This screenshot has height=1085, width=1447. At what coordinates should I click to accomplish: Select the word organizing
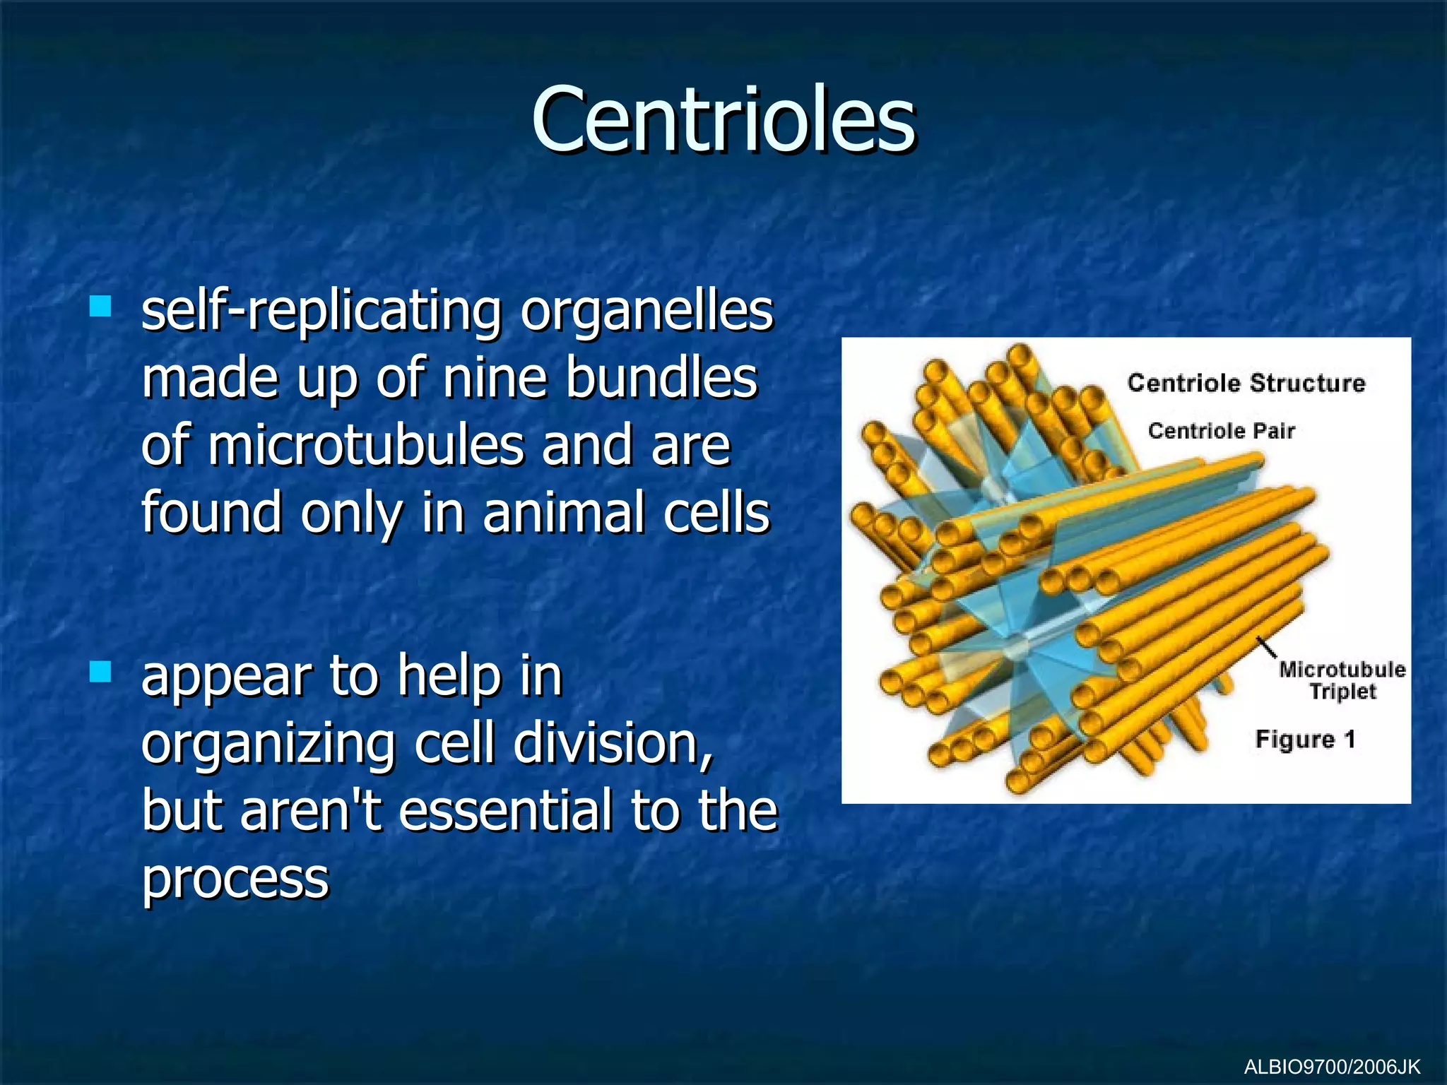pos(268,745)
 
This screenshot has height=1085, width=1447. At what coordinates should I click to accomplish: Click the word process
pos(235,879)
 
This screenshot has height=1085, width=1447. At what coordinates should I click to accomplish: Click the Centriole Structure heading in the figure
pos(1246,383)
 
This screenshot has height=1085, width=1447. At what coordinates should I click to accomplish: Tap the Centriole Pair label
pos(1221,430)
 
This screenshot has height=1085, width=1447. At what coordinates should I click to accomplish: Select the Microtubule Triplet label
pos(1342,680)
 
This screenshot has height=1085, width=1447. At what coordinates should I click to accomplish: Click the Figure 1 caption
pos(1305,739)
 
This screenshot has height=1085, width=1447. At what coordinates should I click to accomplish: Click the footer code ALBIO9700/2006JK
pos(1332,1067)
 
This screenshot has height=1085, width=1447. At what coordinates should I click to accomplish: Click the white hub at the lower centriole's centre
pos(1016,647)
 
